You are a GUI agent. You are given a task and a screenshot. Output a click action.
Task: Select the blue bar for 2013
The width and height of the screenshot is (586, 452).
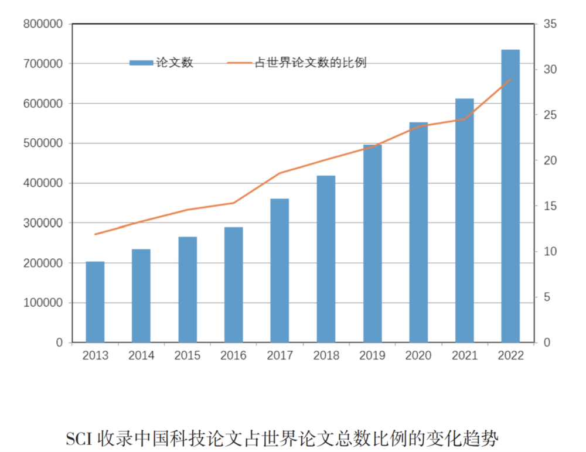(95, 302)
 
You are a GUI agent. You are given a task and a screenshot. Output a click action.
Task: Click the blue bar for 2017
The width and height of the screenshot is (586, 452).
(280, 270)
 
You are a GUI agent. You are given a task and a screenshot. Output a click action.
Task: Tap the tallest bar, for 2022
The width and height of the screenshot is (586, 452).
(510, 196)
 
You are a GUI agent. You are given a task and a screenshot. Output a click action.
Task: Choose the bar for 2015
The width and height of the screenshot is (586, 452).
(188, 289)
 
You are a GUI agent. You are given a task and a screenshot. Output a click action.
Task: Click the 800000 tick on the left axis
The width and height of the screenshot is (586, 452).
(42, 24)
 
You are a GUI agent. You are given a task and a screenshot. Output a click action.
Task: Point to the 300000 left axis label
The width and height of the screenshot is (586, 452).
(42, 223)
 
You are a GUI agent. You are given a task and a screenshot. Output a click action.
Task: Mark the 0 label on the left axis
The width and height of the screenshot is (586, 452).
(59, 343)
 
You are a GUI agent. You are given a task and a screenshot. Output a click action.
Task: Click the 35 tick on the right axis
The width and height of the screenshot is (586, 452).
(550, 24)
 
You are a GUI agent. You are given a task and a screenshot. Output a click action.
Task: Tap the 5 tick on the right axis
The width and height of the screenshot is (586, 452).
(547, 297)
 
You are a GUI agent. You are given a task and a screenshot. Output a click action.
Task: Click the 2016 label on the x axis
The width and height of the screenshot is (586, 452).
(233, 356)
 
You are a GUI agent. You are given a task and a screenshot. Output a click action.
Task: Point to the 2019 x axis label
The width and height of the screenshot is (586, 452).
(372, 356)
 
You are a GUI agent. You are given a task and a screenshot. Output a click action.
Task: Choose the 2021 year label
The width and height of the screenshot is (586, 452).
(464, 356)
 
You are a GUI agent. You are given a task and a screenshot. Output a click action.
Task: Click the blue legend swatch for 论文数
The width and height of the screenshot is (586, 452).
(141, 63)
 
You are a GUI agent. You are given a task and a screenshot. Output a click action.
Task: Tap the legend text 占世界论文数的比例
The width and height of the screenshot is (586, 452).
(310, 63)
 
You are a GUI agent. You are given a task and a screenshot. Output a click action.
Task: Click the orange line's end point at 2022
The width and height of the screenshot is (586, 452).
(511, 79)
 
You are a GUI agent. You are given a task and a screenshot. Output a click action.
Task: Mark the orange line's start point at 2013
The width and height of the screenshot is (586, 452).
(95, 234)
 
